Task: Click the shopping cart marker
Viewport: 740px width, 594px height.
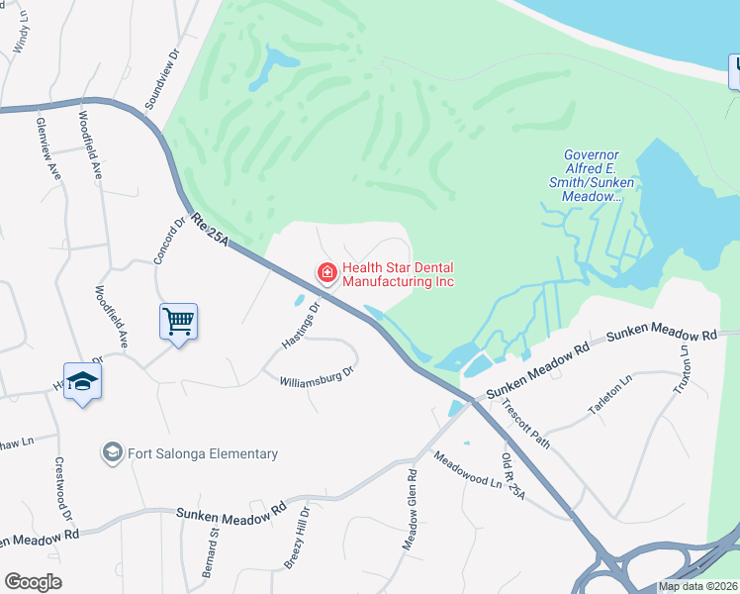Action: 178,321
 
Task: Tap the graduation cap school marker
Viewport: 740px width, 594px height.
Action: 83,382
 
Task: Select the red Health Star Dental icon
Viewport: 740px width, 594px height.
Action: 325,271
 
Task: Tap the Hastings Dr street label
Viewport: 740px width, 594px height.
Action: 302,325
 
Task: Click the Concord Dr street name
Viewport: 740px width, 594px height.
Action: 170,241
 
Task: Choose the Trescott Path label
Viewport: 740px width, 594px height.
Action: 525,424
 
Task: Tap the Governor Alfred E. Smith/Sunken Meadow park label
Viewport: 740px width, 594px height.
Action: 592,175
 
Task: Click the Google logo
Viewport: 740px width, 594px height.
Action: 33,582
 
